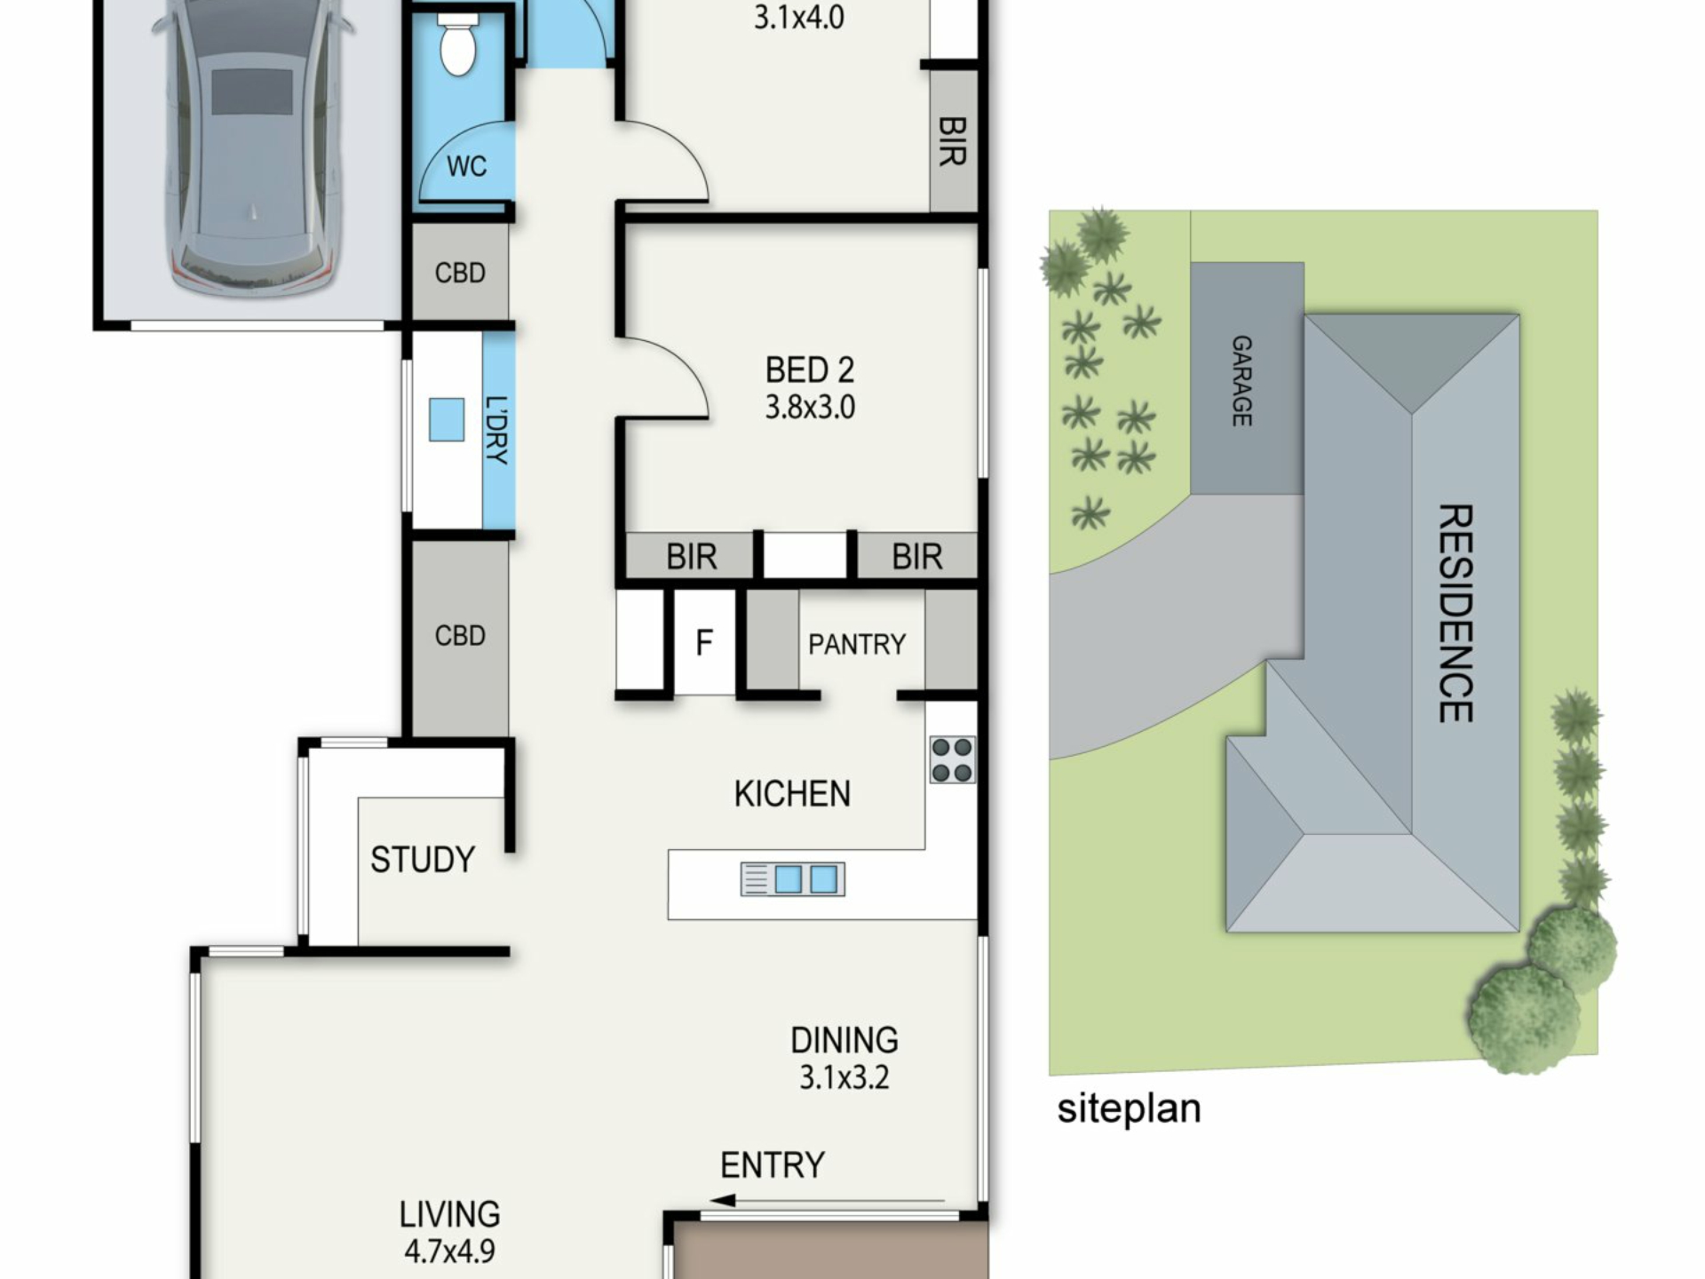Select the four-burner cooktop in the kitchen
952,759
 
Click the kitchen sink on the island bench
792,879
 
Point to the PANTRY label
857,644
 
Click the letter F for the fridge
704,642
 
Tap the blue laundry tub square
447,419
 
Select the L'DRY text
497,430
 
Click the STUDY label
423,860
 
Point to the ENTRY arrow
827,1201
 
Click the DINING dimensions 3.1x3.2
844,1077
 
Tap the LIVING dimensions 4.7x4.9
449,1251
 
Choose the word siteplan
1129,1109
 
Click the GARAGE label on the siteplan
1242,380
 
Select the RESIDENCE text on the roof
1455,613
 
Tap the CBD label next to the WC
460,273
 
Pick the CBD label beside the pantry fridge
460,636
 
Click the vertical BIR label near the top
952,141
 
